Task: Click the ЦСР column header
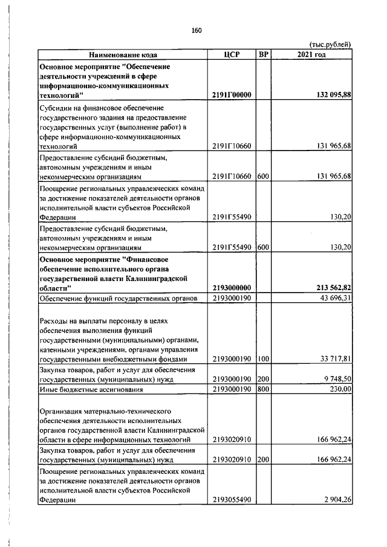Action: [x=232, y=54]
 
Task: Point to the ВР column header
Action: [x=264, y=54]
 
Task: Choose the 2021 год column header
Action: [x=311, y=54]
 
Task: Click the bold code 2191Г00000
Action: [x=232, y=95]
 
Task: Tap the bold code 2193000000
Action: [x=232, y=288]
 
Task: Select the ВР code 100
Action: [x=263, y=360]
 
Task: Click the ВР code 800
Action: [x=263, y=389]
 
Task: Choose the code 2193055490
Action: [x=232, y=500]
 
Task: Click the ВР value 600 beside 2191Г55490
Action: [x=263, y=247]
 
